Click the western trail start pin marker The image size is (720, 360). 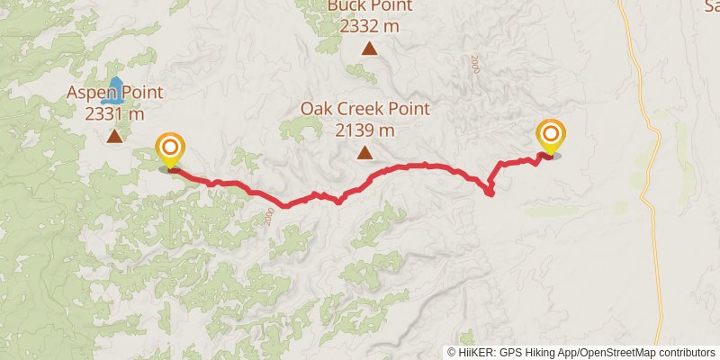[170, 149]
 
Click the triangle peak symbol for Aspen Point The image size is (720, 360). [114, 137]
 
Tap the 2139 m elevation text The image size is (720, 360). [364, 130]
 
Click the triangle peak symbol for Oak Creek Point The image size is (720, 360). [364, 153]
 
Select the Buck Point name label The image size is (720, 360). [369, 6]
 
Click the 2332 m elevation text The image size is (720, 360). [369, 26]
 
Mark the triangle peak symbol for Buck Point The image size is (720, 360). [369, 49]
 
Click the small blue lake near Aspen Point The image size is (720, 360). [115, 87]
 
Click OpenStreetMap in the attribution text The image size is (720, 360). [615, 352]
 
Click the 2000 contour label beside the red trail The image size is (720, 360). [269, 216]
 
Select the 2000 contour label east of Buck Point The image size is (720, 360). [474, 64]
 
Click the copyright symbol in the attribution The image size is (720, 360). [452, 352]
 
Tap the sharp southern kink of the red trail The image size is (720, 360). [490, 193]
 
